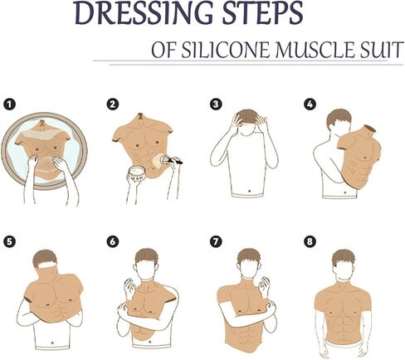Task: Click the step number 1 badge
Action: point(10,105)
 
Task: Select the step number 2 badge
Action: point(111,105)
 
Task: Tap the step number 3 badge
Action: point(216,105)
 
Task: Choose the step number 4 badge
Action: point(310,105)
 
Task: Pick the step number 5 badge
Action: point(10,242)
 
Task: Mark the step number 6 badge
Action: point(111,242)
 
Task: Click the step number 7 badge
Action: point(216,242)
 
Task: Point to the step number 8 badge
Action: point(310,242)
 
